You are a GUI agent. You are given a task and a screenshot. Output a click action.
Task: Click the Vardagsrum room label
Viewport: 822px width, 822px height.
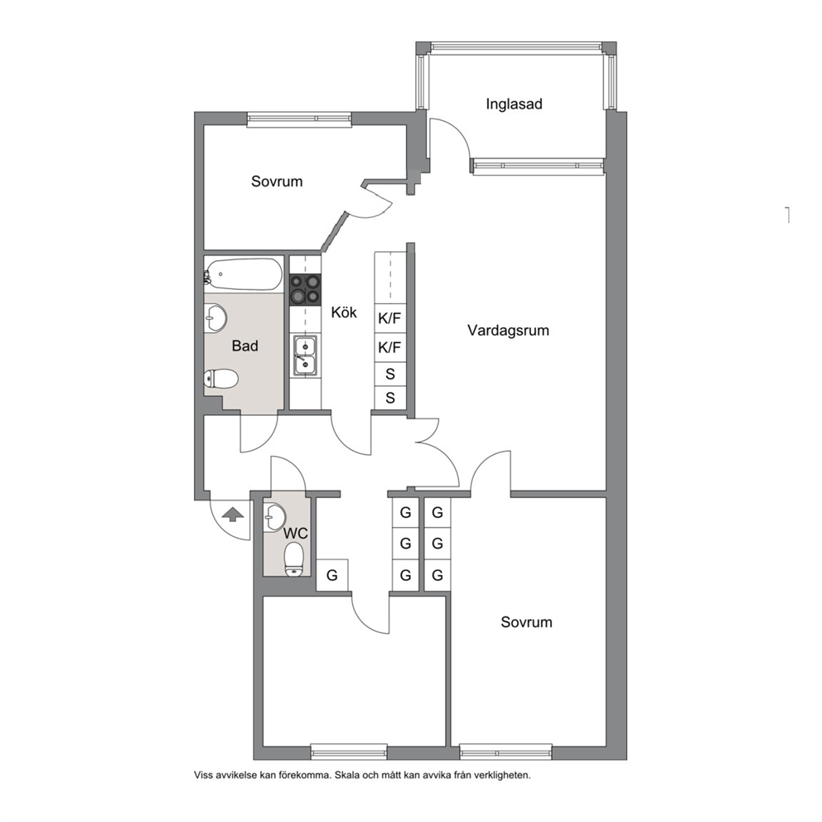[508, 331]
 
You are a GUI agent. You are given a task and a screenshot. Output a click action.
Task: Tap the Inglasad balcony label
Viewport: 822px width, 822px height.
[514, 104]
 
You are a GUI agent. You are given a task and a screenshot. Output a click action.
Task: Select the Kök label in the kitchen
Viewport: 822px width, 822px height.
[344, 312]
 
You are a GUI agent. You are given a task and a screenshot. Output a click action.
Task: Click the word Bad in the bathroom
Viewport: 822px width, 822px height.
[244, 346]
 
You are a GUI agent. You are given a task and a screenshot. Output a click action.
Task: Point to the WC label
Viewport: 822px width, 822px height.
[296, 534]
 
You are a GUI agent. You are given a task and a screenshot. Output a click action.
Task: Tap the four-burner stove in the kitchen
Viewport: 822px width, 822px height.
[306, 289]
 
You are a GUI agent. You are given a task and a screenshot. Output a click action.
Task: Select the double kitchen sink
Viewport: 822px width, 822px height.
[305, 355]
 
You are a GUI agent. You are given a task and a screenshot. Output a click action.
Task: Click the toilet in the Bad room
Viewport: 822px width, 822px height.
[221, 379]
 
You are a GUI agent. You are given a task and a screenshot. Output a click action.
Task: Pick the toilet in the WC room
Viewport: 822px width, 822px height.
[294, 558]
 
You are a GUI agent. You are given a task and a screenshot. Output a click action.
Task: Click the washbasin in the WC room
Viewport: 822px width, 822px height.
[274, 517]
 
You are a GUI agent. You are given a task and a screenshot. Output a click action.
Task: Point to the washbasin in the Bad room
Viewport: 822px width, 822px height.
[215, 317]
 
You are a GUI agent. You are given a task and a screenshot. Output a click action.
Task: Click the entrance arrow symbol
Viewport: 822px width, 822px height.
[233, 514]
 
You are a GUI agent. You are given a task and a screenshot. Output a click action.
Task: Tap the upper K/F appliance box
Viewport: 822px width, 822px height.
[390, 318]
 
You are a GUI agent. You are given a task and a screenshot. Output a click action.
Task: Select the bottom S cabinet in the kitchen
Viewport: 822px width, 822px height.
[390, 398]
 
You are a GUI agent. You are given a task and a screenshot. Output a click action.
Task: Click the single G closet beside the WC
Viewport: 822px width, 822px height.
[332, 575]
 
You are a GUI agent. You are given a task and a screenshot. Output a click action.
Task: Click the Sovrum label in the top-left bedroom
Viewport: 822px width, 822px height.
[277, 181]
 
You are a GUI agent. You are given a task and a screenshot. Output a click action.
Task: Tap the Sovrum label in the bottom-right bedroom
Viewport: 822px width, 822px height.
[526, 622]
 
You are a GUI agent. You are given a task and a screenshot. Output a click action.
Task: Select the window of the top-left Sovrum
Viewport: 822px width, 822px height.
[299, 119]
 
